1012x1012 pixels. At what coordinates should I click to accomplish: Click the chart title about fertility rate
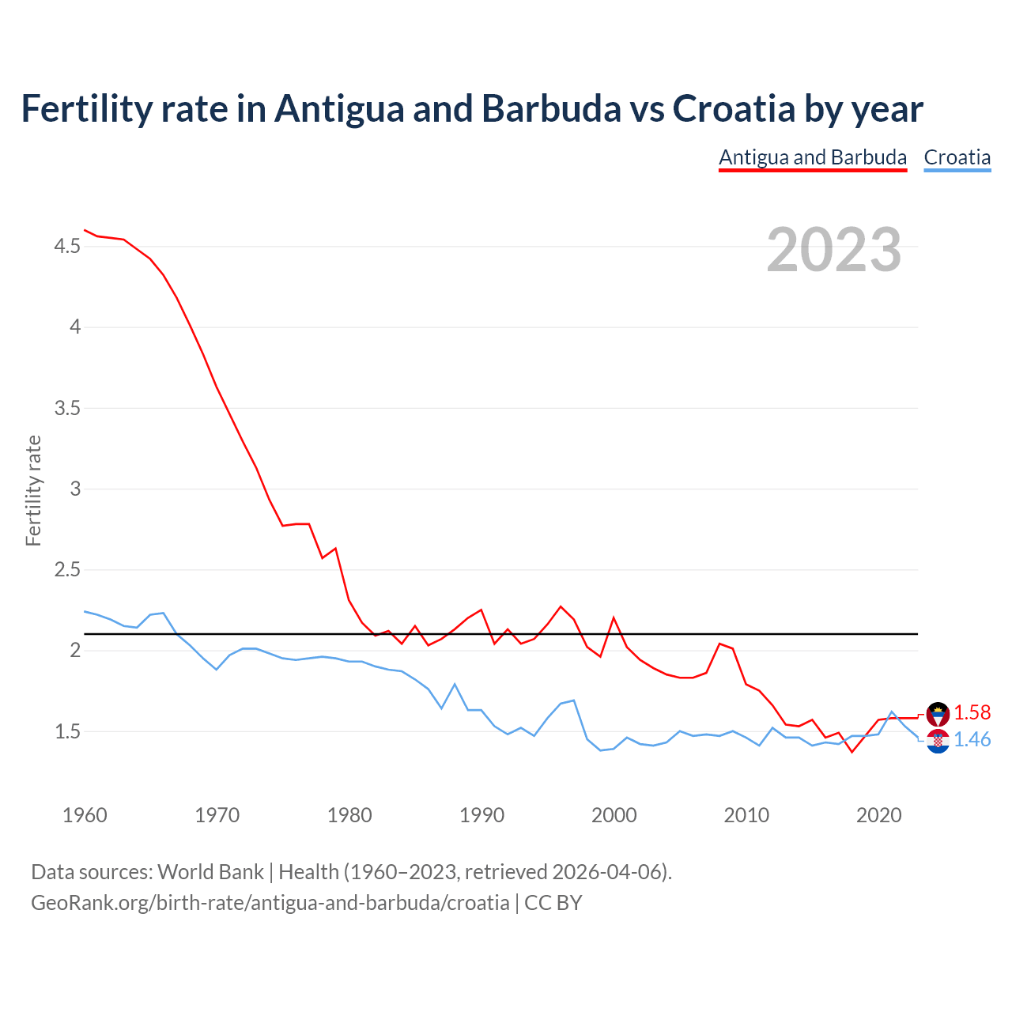coord(471,109)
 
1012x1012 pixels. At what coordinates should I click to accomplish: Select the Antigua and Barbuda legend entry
coord(812,157)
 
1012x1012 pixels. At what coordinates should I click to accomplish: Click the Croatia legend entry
coord(957,157)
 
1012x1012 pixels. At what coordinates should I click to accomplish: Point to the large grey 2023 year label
coord(833,250)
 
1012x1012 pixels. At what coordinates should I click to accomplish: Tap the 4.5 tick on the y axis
coord(67,247)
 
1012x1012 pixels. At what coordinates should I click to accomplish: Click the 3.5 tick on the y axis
coord(67,409)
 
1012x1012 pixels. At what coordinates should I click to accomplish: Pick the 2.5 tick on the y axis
coord(67,570)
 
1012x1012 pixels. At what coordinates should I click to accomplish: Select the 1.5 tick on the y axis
coord(67,732)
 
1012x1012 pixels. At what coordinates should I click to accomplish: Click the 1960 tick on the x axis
coord(85,815)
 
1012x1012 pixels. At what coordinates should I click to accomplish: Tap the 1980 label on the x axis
coord(349,815)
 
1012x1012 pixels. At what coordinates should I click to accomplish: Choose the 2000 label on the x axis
coord(614,815)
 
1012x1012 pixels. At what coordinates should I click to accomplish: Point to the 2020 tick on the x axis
coord(878,815)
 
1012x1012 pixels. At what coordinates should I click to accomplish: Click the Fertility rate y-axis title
coord(33,490)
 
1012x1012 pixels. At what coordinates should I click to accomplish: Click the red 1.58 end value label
coord(972,713)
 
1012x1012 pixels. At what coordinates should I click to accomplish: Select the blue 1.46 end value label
coord(972,740)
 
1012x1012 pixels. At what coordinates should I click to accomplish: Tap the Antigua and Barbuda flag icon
coord(938,714)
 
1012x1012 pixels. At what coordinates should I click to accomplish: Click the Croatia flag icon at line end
coord(938,742)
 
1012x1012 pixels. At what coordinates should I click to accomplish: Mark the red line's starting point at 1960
coord(85,230)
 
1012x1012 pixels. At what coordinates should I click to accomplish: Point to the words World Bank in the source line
coord(210,872)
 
